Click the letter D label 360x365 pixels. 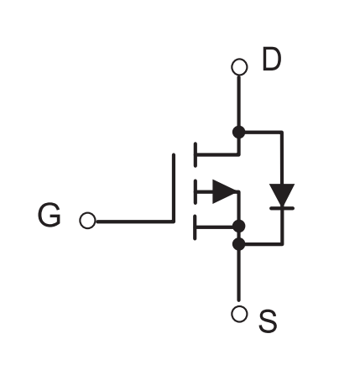point(272,59)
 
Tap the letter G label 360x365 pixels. point(50,215)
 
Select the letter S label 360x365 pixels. point(268,321)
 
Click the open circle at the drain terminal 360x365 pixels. point(239,67)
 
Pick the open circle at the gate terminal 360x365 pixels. point(87,221)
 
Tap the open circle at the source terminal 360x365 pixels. point(239,314)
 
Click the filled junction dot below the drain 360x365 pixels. point(239,132)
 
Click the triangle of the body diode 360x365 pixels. point(282,196)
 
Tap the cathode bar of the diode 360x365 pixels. point(282,208)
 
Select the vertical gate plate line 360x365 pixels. point(174,188)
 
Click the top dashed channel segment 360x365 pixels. point(195,154)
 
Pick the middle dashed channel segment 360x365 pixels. point(195,192)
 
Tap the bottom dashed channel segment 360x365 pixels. point(195,227)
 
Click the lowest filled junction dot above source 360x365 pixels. point(239,244)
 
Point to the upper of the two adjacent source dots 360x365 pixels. point(239,227)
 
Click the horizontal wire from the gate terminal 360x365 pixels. point(135,222)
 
